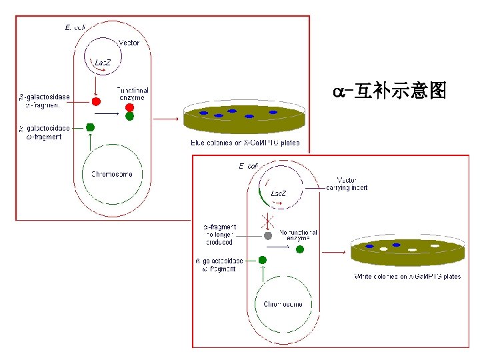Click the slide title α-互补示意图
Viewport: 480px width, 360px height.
[389, 90]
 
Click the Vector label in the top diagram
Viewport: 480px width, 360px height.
[129, 43]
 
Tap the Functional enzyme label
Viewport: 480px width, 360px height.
[133, 93]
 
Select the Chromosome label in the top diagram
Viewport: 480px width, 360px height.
[112, 174]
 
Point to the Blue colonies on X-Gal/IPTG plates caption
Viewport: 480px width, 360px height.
[245, 142]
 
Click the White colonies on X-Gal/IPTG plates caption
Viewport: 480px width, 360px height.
[407, 276]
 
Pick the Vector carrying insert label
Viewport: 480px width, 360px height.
[347, 183]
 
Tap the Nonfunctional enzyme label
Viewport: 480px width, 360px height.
[298, 235]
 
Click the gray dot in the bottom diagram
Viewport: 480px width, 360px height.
[268, 235]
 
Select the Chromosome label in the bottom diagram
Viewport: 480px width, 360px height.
[283, 304]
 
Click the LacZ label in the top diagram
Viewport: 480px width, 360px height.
[103, 62]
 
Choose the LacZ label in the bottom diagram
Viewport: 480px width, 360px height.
[279, 193]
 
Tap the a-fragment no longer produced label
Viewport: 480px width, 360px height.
[219, 235]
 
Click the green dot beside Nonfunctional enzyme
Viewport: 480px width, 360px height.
[300, 249]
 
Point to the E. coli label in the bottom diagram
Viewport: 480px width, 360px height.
[249, 165]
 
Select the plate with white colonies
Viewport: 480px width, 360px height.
[407, 252]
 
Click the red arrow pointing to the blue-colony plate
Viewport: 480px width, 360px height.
[167, 119]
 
